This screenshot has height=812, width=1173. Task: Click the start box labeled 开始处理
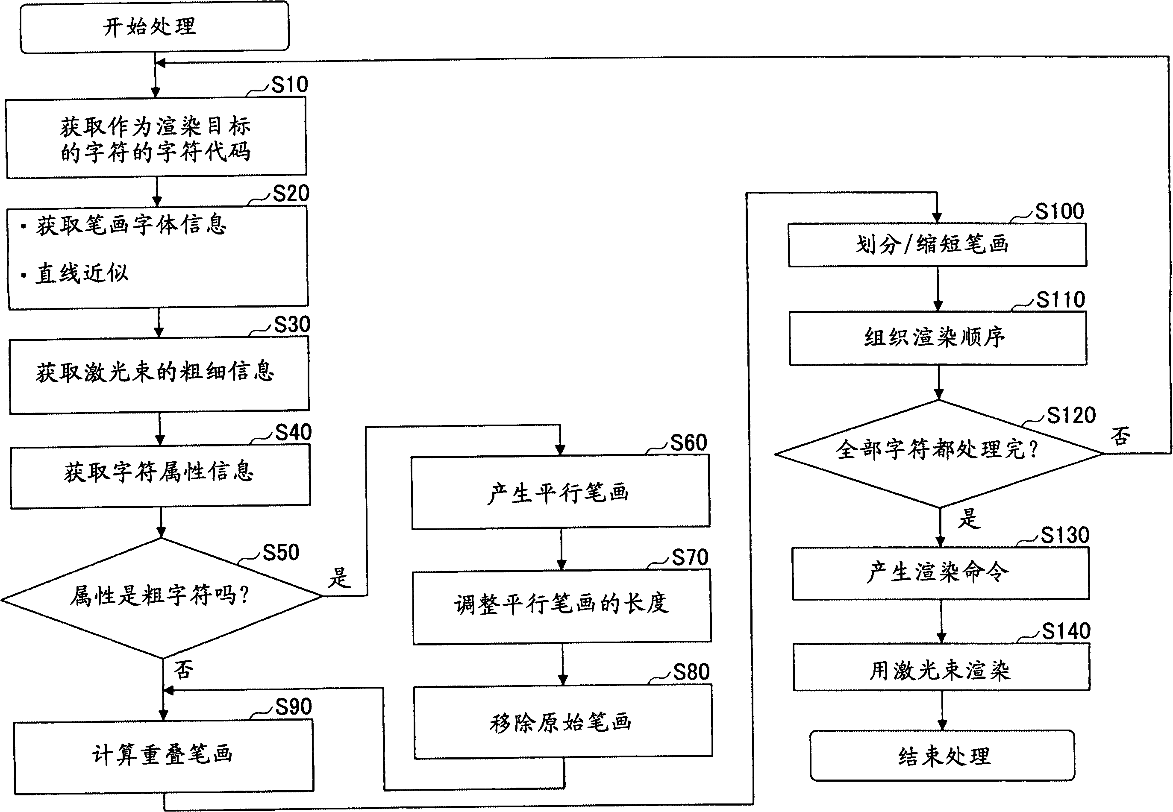pos(154,27)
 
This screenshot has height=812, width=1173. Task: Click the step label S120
pos(1071,416)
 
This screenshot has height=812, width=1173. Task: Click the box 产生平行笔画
pos(560,492)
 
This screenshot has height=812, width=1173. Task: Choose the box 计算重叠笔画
pos(163,756)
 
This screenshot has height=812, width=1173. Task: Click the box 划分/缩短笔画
pos(937,245)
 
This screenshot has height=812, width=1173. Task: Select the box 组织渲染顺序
pos(938,338)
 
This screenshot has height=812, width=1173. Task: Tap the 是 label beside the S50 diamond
pos(339,578)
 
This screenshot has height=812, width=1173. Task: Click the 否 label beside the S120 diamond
pos(1120,436)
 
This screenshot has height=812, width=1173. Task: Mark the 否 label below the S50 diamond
pos(183,669)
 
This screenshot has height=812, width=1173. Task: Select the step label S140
pos(1066,631)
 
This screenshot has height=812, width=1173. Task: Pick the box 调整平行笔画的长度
pos(562,605)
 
